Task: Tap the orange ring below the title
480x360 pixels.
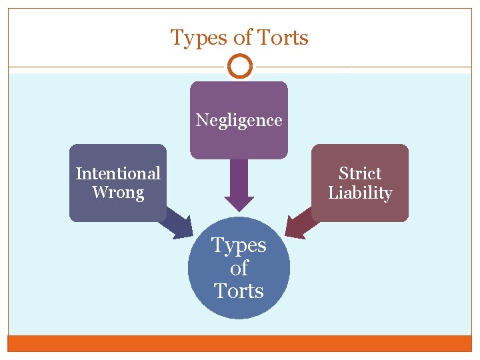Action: [x=239, y=67]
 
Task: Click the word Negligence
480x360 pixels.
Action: [x=239, y=120]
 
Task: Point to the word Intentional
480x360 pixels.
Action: [x=118, y=173]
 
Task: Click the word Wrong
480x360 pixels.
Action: [x=118, y=193]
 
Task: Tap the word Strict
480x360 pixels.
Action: [x=360, y=173]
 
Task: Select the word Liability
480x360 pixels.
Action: [x=360, y=193]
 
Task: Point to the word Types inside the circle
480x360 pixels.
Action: [x=239, y=245]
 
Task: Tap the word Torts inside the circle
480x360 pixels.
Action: [x=239, y=291]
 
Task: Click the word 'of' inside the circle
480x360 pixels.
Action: [x=239, y=268]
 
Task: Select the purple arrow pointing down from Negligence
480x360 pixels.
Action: [x=239, y=183]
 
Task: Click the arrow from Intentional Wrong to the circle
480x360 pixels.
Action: [x=177, y=223]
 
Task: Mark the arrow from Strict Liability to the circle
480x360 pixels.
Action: [x=301, y=223]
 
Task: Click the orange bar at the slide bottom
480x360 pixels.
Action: [x=239, y=343]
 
